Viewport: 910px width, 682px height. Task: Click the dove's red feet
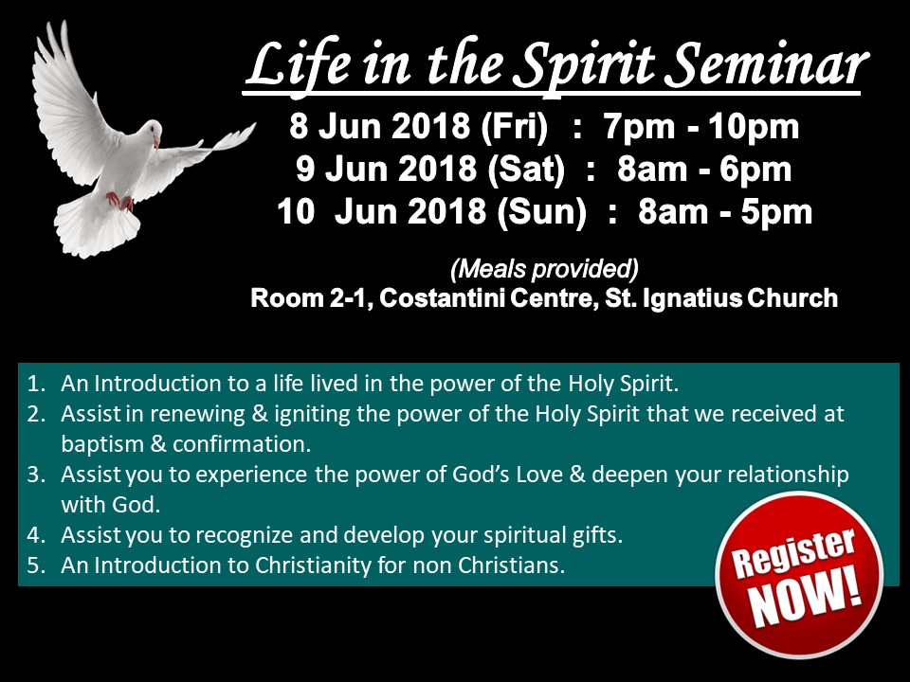(120, 201)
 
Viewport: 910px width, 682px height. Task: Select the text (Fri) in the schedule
(514, 126)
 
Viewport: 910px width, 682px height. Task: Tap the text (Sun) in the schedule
(542, 211)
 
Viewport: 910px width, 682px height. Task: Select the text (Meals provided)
(544, 268)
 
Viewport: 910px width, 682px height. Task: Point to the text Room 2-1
(311, 298)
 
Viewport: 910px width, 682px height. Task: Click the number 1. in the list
(37, 384)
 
